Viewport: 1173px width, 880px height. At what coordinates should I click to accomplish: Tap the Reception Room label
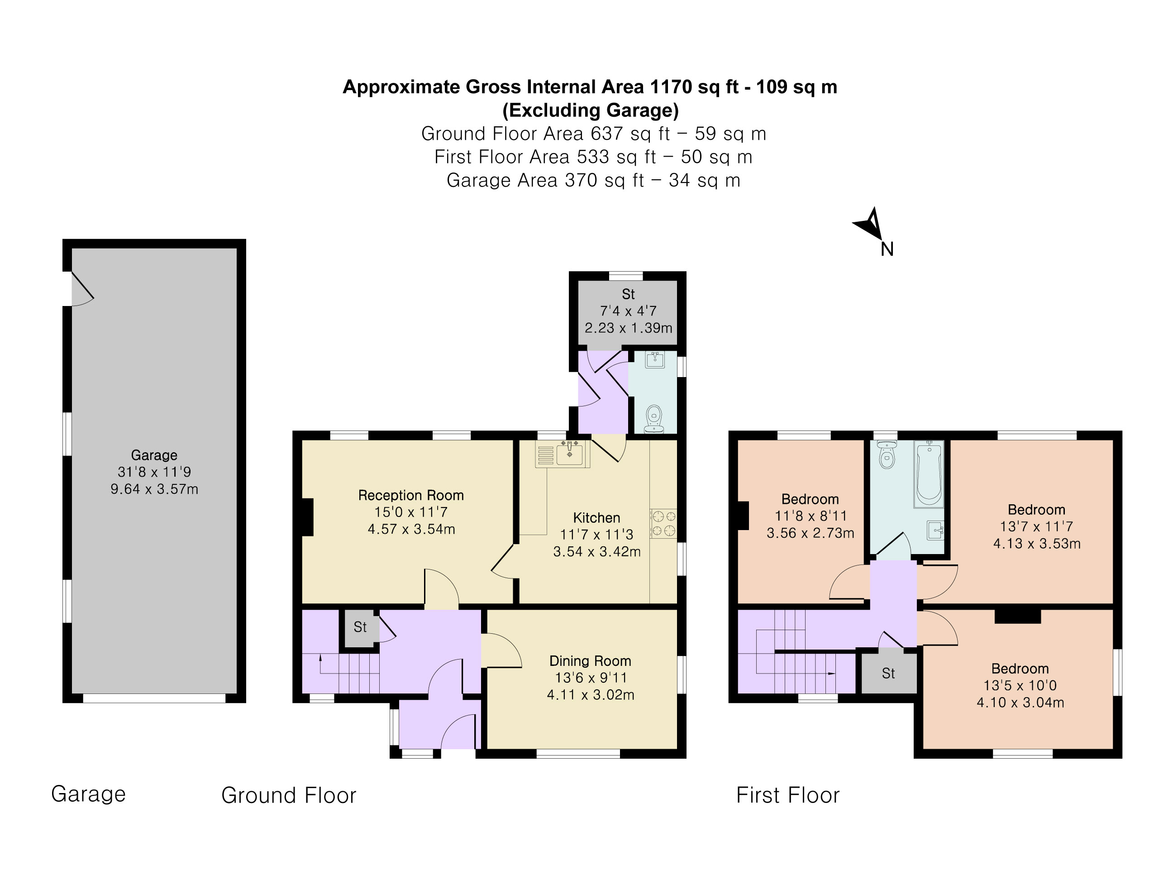point(411,495)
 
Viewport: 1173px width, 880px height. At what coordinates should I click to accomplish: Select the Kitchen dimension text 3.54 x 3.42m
point(596,552)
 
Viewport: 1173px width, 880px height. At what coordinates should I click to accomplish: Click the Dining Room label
point(590,661)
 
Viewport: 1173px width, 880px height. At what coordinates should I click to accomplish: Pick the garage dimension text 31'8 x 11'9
point(154,472)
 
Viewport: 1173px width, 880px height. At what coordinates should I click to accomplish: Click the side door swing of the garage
point(82,289)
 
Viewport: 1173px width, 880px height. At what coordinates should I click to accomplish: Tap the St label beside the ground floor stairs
point(360,627)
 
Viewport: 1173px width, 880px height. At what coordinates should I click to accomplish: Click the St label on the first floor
point(888,673)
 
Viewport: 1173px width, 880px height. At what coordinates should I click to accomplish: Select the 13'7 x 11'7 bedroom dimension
point(1036,527)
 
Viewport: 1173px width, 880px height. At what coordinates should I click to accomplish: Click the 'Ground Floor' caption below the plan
point(288,796)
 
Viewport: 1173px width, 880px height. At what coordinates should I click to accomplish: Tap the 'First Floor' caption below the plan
point(788,796)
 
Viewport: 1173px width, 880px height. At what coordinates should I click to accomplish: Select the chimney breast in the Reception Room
point(308,517)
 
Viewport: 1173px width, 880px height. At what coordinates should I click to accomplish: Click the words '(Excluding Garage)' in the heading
point(590,110)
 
